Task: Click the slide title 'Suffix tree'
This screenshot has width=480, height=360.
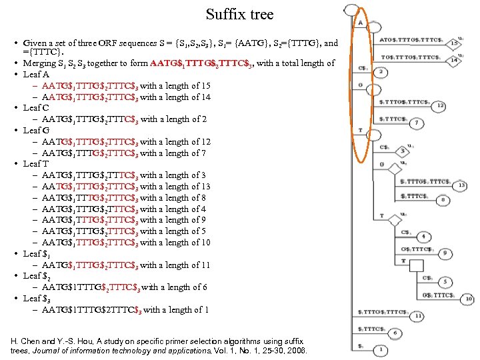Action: pyautogui.click(x=239, y=14)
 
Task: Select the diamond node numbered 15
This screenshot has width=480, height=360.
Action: pyautogui.click(x=453, y=43)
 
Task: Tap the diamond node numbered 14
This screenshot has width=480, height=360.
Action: pyautogui.click(x=454, y=60)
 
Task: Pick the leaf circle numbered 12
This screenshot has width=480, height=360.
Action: pyautogui.click(x=440, y=105)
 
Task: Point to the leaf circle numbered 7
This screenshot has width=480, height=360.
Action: pyautogui.click(x=415, y=123)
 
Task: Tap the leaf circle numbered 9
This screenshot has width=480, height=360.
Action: pyautogui.click(x=445, y=253)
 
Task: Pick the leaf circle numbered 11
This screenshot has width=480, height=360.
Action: pyautogui.click(x=418, y=315)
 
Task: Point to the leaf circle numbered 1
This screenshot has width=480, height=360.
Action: pyautogui.click(x=379, y=349)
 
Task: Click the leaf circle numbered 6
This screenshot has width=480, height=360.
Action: pyautogui.click(x=395, y=332)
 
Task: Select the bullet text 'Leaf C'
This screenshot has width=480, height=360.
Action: pyautogui.click(x=36, y=107)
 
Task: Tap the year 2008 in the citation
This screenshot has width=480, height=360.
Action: pyautogui.click(x=297, y=350)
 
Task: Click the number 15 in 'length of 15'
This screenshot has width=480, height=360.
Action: pyautogui.click(x=205, y=85)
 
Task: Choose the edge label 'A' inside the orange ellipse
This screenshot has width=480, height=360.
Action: pyautogui.click(x=361, y=23)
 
